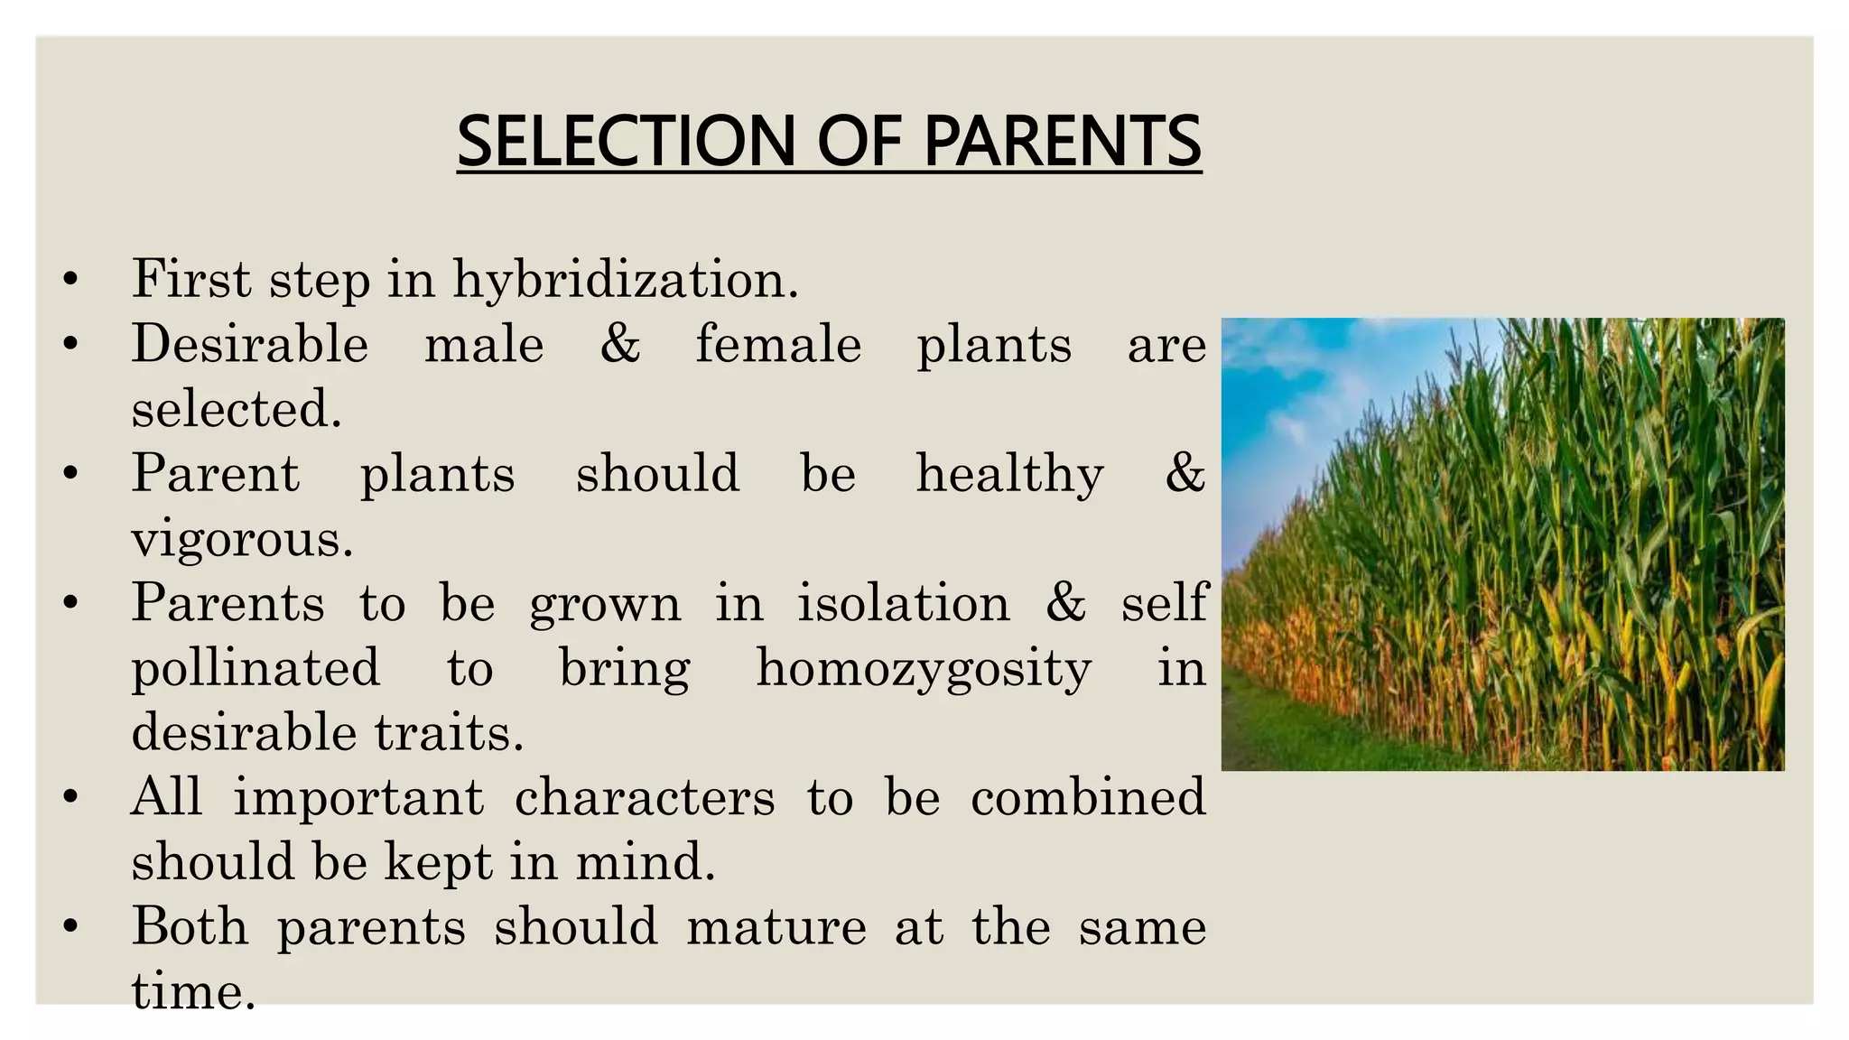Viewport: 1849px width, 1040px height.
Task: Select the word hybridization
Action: (625, 279)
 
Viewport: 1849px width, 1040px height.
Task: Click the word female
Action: (778, 345)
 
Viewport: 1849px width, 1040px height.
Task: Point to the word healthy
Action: (1009, 474)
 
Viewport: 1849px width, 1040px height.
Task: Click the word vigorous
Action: (241, 540)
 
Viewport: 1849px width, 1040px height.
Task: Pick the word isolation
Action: (903, 603)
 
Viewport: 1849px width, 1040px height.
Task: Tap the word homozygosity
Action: (924, 669)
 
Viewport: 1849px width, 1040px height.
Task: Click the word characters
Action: (645, 798)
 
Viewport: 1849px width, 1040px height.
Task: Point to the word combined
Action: (1088, 798)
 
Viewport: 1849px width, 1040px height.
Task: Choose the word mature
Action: (776, 927)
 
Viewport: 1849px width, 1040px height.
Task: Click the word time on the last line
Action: (192, 992)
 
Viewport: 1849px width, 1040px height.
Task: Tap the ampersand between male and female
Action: (620, 345)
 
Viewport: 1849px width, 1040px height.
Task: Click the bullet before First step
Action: (70, 280)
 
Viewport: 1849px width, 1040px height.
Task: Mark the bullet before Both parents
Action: (70, 927)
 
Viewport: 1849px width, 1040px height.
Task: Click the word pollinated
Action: (256, 669)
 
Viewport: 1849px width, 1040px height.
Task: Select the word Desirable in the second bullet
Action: (250, 345)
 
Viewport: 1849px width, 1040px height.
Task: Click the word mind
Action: (645, 862)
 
